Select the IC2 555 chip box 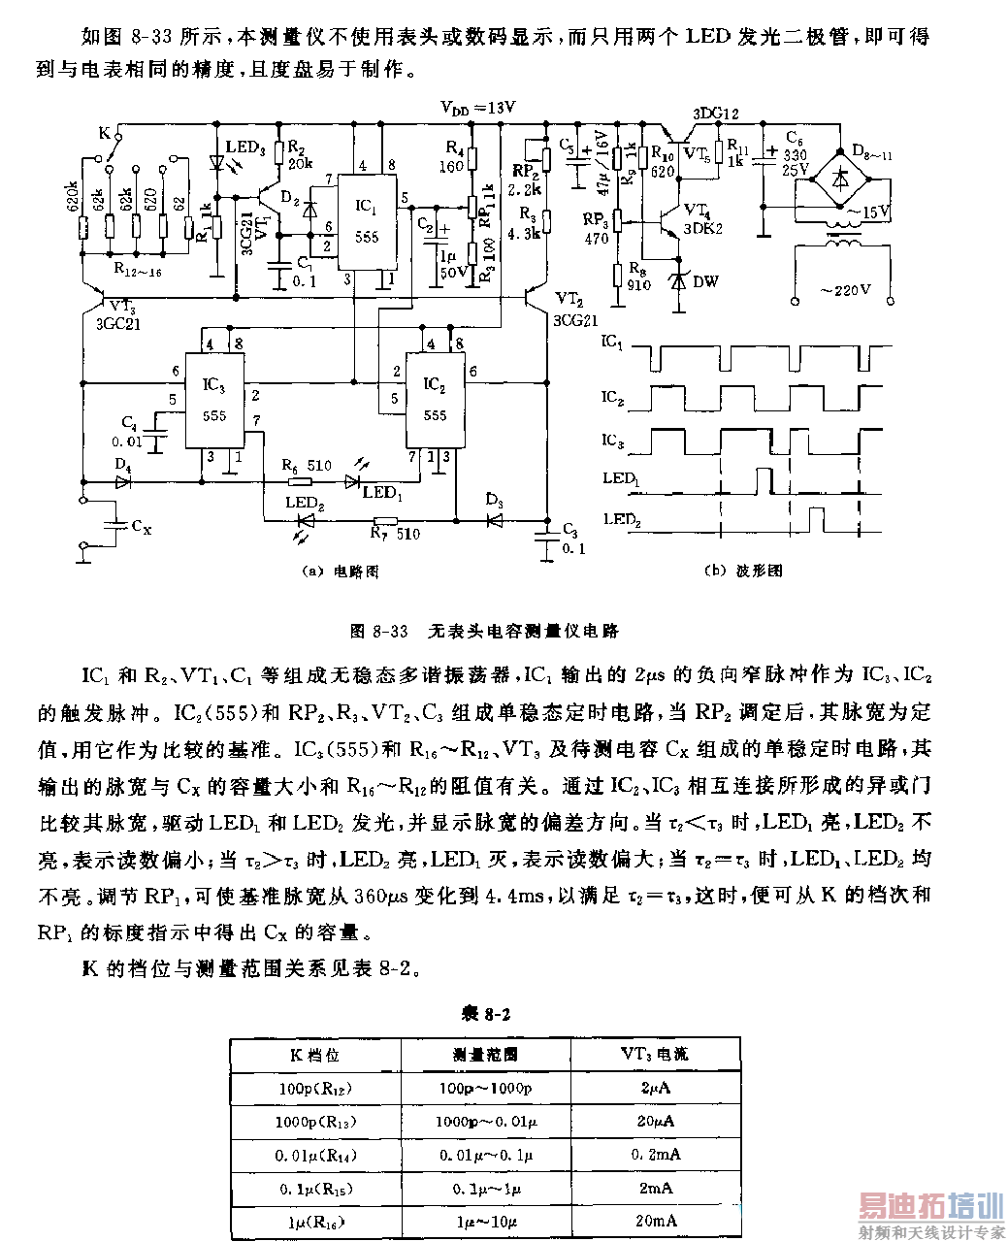435,400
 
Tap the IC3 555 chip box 214,400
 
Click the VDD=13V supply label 477,108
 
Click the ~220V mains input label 845,289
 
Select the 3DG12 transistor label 714,114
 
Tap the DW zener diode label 705,281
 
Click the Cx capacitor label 142,527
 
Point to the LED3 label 244,147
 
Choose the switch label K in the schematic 105,132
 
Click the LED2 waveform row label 621,519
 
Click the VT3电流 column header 655,1054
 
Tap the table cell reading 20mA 655,1221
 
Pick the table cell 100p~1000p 485,1088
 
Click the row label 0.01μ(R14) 315,1155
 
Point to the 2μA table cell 655,1088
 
